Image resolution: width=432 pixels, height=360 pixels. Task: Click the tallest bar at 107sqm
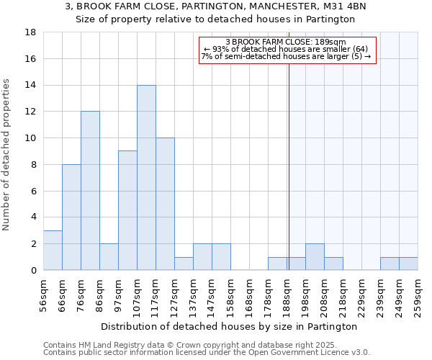tap(146, 178)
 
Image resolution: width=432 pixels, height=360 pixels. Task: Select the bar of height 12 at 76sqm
tap(90, 191)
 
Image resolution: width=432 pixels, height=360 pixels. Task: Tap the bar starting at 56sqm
tap(53, 251)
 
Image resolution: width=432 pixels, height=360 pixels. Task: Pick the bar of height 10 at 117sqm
tap(165, 204)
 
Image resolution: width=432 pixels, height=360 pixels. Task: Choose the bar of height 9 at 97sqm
tap(127, 210)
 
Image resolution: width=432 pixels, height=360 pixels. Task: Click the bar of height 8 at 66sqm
tap(71, 217)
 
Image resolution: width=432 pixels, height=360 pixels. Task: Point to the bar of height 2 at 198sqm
tap(315, 257)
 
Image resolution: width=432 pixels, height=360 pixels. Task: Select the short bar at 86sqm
tap(109, 257)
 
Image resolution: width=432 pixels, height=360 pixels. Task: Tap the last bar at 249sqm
tap(408, 264)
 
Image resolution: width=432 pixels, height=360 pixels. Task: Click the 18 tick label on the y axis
tap(31, 32)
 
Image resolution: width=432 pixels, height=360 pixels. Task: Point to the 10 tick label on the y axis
tap(31, 138)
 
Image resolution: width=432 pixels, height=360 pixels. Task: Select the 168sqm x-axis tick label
tap(249, 295)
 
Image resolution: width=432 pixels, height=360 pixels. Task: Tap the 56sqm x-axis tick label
tap(43, 295)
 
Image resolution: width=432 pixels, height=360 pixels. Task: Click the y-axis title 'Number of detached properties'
tap(7, 155)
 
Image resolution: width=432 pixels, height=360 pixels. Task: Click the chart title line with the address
tap(215, 6)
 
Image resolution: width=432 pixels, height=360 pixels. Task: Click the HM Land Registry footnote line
tap(185, 345)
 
